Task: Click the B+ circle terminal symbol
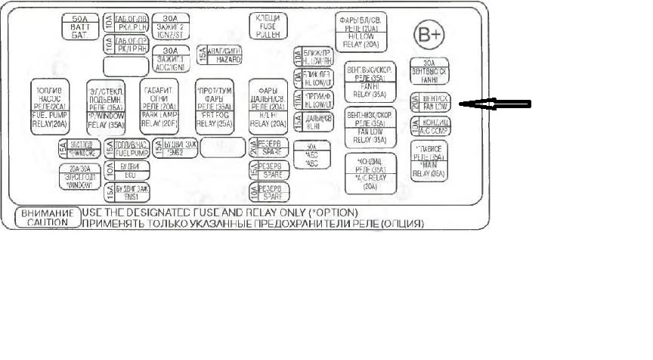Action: click(429, 35)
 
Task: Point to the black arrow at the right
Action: click(495, 104)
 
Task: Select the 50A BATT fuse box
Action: click(78, 27)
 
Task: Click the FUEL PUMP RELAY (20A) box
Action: click(50, 107)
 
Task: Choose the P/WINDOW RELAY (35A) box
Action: click(105, 107)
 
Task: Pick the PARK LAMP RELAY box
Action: click(159, 107)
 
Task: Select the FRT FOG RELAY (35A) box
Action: click(214, 107)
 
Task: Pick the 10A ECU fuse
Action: click(127, 168)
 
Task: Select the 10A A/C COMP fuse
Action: click(429, 125)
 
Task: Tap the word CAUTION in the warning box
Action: click(47, 223)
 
